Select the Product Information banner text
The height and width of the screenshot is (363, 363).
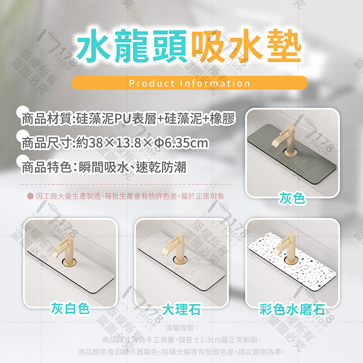[x=190, y=83]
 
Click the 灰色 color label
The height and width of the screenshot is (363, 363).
[x=292, y=198]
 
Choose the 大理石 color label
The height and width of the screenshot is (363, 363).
[x=181, y=309]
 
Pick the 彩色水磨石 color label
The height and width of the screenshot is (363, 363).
[x=292, y=309]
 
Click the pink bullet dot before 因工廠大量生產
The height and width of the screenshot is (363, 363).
[x=29, y=196]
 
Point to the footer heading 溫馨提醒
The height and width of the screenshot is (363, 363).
[x=181, y=328]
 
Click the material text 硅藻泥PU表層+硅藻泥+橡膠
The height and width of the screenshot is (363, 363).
[x=157, y=119]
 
